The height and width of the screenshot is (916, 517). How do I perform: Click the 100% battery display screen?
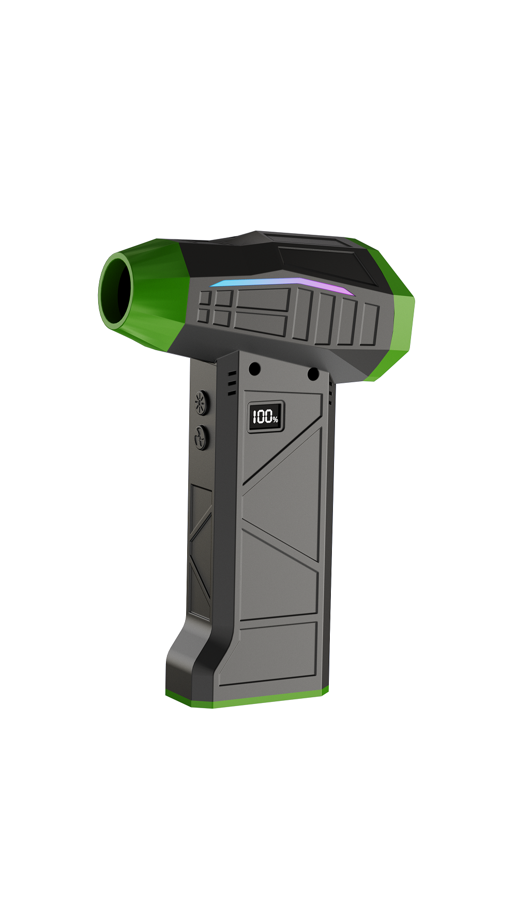click(x=266, y=416)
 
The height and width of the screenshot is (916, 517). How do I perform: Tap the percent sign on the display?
click(x=276, y=419)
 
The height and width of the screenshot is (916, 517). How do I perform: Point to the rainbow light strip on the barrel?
click(x=282, y=286)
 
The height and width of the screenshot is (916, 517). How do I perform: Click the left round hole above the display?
click(x=254, y=369)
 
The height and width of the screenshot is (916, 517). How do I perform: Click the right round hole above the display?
click(x=313, y=374)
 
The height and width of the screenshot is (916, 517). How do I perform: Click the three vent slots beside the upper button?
click(x=232, y=383)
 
